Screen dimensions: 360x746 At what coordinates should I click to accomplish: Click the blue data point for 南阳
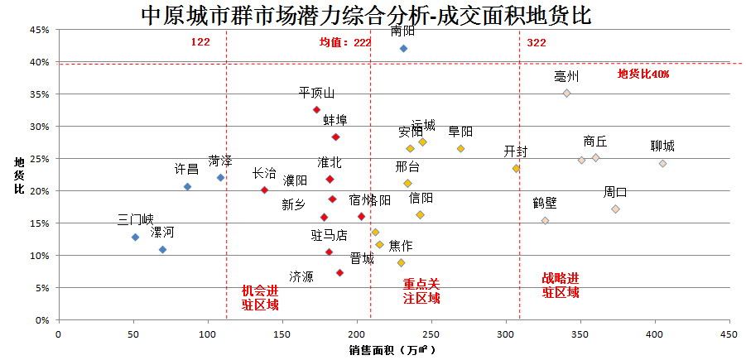pyautogui.click(x=403, y=49)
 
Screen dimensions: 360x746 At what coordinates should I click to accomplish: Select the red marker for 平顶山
pyautogui.click(x=316, y=109)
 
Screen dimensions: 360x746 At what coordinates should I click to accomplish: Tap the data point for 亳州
pyautogui.click(x=566, y=94)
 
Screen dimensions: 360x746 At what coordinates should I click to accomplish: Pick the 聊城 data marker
pyautogui.click(x=662, y=163)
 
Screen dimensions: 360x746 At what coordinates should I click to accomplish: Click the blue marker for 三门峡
pyautogui.click(x=135, y=238)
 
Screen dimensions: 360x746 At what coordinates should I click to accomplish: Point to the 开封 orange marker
pyautogui.click(x=516, y=168)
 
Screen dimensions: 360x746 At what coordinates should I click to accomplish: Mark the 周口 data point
pyautogui.click(x=615, y=209)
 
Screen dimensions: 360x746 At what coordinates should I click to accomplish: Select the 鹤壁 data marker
pyautogui.click(x=545, y=221)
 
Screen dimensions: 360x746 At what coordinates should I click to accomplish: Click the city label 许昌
pyautogui.click(x=186, y=170)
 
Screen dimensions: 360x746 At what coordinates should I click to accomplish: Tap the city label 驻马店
pyautogui.click(x=329, y=235)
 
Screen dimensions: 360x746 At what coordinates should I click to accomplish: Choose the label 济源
pyautogui.click(x=301, y=276)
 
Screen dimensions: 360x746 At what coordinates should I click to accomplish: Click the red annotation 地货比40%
pyautogui.click(x=643, y=74)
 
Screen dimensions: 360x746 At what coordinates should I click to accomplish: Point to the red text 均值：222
pyautogui.click(x=345, y=43)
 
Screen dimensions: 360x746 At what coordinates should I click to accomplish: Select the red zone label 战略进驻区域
pyautogui.click(x=561, y=285)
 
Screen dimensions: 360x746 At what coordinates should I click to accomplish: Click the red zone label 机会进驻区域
pyautogui.click(x=260, y=297)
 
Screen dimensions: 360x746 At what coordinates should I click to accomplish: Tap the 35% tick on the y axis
pyautogui.click(x=39, y=94)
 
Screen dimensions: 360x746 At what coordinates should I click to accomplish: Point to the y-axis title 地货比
pyautogui.click(x=19, y=175)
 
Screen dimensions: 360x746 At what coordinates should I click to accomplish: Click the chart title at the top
pyautogui.click(x=366, y=15)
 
